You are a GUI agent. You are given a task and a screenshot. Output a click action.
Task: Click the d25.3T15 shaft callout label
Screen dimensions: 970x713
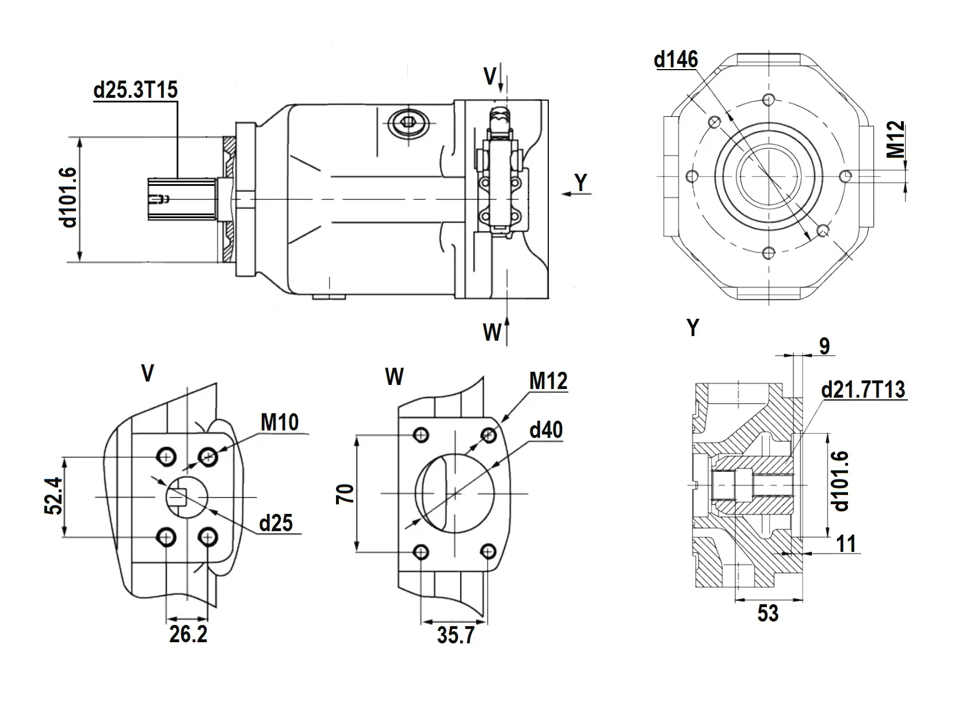[x=136, y=90]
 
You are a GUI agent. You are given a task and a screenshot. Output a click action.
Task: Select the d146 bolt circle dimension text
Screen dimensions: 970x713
[x=676, y=59]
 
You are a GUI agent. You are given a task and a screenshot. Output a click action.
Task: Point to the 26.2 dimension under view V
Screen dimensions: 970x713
[x=188, y=634]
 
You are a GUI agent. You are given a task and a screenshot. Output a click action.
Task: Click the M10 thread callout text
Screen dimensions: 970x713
[x=280, y=422]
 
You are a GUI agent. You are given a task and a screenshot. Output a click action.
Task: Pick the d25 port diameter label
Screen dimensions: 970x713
[x=276, y=523]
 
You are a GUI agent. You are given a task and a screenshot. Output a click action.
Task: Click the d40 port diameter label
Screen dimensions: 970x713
[x=546, y=430]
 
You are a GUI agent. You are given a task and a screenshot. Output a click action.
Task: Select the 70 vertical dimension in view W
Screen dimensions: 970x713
[x=346, y=494]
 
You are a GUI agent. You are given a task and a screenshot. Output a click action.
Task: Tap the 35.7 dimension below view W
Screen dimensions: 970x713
[x=456, y=635]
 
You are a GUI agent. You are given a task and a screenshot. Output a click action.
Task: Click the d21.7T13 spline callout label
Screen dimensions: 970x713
[x=863, y=390]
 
